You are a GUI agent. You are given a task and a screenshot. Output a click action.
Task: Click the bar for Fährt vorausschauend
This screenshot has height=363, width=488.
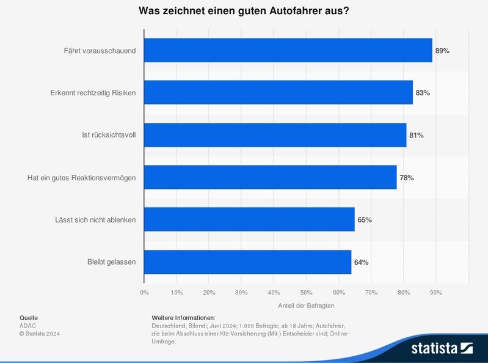(x=288, y=50)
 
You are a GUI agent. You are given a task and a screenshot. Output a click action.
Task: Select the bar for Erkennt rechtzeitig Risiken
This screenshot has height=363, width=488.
(x=279, y=92)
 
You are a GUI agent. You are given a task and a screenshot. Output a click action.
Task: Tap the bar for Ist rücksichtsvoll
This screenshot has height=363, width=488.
(x=275, y=135)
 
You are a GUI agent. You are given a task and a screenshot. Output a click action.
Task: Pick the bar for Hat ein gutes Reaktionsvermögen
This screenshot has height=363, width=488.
(x=271, y=177)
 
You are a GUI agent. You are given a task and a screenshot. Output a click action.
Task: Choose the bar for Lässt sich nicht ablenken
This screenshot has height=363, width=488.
(x=249, y=219)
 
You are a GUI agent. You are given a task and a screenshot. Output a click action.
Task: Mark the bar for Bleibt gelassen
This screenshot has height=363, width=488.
(x=248, y=262)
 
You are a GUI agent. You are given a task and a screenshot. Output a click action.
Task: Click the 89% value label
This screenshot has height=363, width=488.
(x=442, y=51)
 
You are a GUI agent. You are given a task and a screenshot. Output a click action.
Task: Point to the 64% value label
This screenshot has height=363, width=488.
(x=361, y=263)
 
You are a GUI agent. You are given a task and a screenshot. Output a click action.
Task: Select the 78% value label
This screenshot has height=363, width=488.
(x=407, y=178)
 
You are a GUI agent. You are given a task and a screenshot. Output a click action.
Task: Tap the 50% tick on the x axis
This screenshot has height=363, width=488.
(x=307, y=293)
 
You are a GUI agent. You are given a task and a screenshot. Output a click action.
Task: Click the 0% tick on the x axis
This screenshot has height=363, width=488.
(x=145, y=293)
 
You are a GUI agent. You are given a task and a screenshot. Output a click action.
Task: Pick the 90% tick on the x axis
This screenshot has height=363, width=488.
(x=436, y=293)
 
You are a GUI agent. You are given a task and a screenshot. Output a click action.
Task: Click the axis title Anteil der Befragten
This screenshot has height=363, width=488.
(x=306, y=306)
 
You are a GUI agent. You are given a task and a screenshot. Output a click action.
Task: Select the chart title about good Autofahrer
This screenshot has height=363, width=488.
(x=244, y=11)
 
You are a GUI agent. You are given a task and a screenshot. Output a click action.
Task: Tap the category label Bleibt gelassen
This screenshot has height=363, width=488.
(x=112, y=262)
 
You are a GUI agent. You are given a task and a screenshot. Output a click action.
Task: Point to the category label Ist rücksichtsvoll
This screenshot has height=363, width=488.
(x=109, y=135)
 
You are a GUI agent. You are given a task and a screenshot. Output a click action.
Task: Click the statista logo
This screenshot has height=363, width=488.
(x=442, y=348)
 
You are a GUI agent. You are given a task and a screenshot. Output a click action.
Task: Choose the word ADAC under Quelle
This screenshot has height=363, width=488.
(x=28, y=326)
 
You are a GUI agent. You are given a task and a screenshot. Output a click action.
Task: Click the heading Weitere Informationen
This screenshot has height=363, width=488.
(x=183, y=318)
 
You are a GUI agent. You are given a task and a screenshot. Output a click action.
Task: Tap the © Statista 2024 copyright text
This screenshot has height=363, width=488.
(x=40, y=334)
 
